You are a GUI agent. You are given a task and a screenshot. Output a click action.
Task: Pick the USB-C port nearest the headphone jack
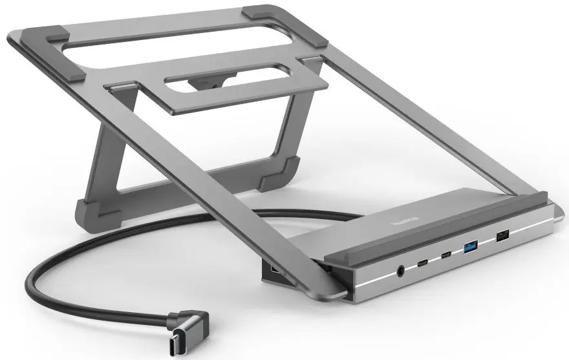(422, 262)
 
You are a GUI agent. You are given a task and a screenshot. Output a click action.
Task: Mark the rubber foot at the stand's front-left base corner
(96, 211)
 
